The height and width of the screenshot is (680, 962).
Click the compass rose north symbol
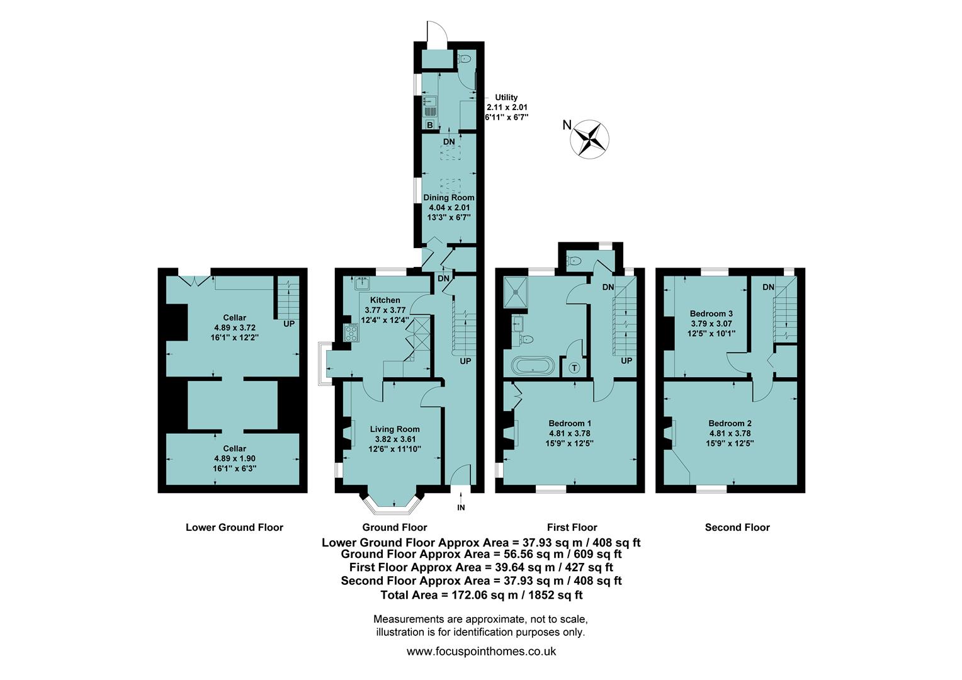(x=590, y=137)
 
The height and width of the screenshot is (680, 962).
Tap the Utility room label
(x=506, y=98)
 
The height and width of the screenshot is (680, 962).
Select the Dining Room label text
(x=449, y=198)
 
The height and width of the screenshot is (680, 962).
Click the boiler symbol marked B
(x=430, y=125)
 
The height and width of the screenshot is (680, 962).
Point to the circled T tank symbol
(x=574, y=368)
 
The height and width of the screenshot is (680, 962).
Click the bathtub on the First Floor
(x=533, y=366)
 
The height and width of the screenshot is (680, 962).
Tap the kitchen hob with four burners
(x=350, y=332)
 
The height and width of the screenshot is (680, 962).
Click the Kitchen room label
(x=385, y=300)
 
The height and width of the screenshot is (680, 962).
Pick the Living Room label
(x=395, y=429)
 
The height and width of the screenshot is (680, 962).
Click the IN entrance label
(x=461, y=507)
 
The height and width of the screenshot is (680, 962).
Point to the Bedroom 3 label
(x=711, y=314)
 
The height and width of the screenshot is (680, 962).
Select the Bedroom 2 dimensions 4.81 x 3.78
(x=730, y=433)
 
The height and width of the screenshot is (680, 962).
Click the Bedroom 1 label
(x=570, y=423)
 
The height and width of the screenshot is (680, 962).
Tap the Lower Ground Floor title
(x=234, y=528)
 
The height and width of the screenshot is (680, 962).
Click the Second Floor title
(x=737, y=528)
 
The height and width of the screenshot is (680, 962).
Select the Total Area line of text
(x=481, y=595)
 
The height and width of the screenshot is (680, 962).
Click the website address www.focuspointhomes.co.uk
(x=481, y=652)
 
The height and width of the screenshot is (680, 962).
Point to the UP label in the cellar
(x=289, y=324)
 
